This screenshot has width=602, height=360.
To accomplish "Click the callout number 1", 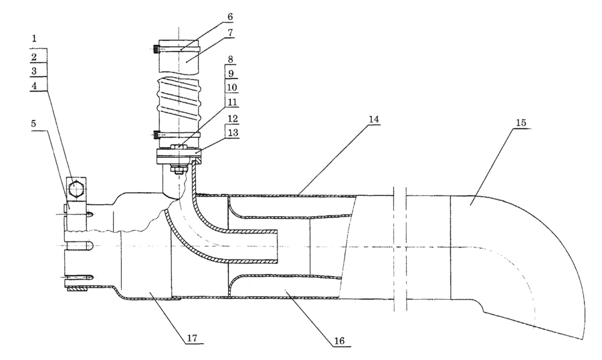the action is [34, 38].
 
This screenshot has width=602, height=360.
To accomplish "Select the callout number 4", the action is [34, 86].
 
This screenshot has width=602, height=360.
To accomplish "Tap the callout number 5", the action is [34, 124].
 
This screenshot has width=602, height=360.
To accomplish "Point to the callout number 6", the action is [229, 17].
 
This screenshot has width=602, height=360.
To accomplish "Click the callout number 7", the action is [229, 33].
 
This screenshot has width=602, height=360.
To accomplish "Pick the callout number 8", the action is [230, 59].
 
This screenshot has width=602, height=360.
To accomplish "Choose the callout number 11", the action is [232, 102].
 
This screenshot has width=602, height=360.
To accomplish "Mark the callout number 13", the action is [233, 132].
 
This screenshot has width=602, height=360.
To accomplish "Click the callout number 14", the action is [373, 119].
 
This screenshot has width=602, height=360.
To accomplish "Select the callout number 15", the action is [520, 122].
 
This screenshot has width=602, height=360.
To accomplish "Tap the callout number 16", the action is [339, 341].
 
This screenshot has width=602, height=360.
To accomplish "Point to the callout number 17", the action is [192, 338].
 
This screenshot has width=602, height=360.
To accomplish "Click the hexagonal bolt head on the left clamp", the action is [76, 188].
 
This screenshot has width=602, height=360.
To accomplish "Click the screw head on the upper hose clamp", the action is [156, 50].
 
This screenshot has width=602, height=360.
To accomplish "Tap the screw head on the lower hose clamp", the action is [156, 135].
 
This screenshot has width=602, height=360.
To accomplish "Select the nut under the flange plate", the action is [179, 169].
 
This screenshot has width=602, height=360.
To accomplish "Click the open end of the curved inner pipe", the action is [277, 247].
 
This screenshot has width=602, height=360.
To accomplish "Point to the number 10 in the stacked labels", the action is [232, 88].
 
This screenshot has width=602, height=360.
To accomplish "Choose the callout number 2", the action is [34, 57].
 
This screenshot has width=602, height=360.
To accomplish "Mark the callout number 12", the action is [233, 118].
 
